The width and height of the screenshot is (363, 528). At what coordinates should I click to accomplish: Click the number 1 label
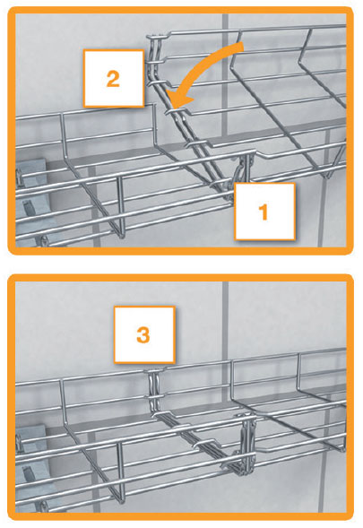coord(264,211)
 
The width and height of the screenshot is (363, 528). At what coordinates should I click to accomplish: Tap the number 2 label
coord(113,79)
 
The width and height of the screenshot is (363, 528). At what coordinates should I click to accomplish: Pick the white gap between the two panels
coord(179,264)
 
